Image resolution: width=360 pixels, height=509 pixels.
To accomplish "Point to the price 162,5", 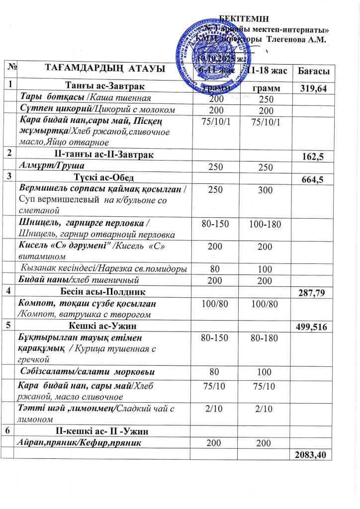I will [x=313, y=157].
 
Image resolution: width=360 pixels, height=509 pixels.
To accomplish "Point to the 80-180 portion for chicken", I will [x=264, y=339].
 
